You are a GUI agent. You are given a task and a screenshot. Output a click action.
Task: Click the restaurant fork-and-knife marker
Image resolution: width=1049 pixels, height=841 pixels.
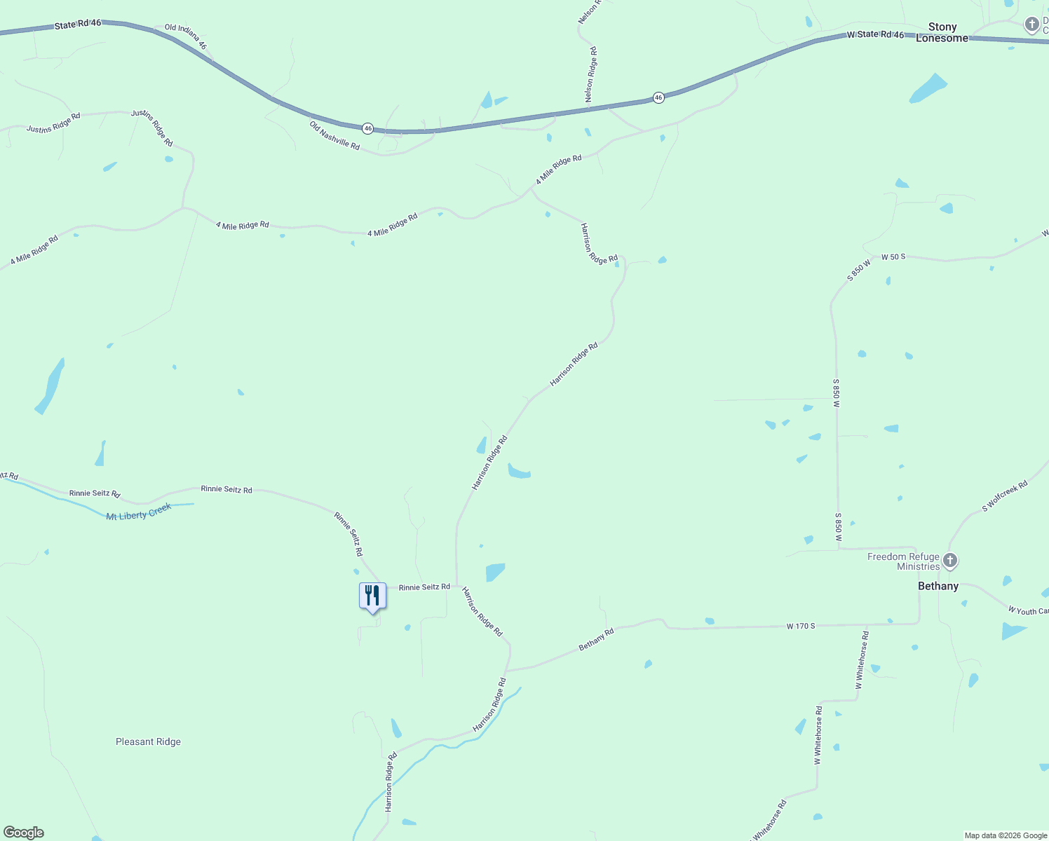pos(372,596)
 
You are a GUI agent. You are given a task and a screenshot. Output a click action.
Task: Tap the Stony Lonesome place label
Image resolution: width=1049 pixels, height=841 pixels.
pos(942,33)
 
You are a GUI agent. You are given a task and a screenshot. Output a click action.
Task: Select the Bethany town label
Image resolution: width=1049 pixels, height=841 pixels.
pos(938,586)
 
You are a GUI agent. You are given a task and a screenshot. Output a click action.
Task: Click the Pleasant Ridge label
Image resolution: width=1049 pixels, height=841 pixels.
pos(148,741)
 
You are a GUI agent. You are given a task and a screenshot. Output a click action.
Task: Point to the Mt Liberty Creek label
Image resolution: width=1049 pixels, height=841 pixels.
pos(138,512)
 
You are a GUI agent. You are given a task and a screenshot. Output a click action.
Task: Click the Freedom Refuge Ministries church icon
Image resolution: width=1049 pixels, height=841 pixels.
pos(950,561)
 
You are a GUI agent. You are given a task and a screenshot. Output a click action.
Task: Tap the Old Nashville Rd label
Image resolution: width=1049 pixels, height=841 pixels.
pos(334,135)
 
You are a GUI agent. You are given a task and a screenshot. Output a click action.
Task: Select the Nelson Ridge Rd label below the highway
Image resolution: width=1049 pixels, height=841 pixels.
pos(591,75)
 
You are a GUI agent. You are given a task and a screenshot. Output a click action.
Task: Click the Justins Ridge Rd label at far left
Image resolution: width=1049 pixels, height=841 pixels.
pos(53,123)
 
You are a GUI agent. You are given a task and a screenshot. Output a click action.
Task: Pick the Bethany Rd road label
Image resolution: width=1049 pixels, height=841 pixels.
pos(596,639)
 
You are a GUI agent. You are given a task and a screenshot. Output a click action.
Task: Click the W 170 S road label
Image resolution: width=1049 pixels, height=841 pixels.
pos(800,626)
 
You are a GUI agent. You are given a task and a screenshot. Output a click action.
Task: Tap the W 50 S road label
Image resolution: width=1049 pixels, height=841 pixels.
pos(893,257)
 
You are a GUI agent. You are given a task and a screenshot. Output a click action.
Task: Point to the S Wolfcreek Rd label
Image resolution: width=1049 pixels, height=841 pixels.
pos(1004,495)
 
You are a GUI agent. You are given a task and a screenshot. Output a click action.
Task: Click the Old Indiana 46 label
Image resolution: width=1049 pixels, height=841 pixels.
pos(186,36)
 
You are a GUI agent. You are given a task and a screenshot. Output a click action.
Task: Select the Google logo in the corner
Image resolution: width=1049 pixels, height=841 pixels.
pos(24,833)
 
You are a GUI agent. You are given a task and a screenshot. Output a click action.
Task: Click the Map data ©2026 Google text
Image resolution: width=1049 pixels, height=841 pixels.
pos(1005,835)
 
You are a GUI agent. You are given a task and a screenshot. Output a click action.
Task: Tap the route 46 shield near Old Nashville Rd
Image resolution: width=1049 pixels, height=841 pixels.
pos(367,128)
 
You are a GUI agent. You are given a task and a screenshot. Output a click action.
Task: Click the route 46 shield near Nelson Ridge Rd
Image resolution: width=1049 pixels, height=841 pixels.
pos(658,98)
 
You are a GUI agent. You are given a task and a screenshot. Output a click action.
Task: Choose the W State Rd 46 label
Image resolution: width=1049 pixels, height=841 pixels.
pos(875,34)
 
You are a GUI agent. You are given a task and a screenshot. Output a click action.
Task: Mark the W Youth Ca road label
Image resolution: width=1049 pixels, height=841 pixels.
pos(1028,611)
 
